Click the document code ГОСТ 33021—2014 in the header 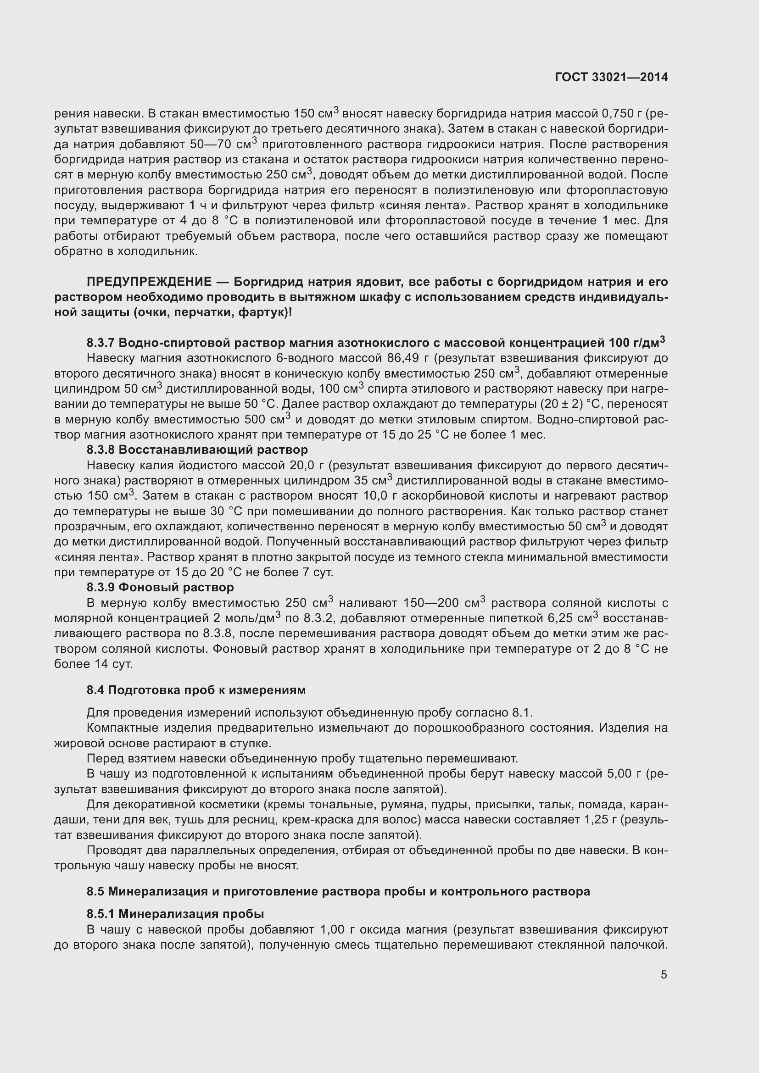point(611,78)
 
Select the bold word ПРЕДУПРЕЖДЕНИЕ point(149,282)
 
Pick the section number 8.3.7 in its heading point(100,343)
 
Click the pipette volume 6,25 point(560,618)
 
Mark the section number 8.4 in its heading point(95,690)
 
